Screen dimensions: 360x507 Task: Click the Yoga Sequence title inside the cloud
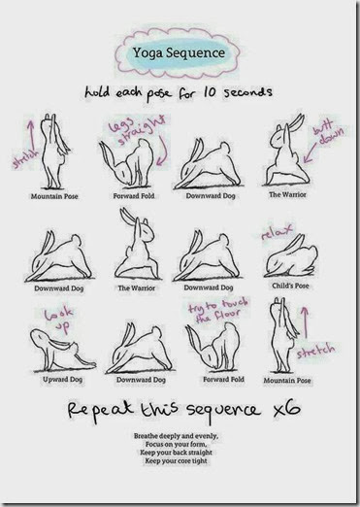click(179, 52)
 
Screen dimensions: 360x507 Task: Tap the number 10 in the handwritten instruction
click(210, 92)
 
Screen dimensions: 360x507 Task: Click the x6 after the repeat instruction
click(286, 409)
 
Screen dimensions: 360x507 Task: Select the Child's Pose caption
click(290, 286)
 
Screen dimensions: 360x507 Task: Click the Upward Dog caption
click(62, 379)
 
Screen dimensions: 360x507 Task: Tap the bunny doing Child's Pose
click(290, 257)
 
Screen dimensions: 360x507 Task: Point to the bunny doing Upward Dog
click(62, 351)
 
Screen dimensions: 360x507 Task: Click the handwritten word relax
click(278, 231)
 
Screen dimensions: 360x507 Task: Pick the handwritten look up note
click(59, 321)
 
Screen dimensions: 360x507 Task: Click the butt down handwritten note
click(328, 132)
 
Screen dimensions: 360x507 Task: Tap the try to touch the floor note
click(218, 311)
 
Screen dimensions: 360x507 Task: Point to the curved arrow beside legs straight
click(164, 152)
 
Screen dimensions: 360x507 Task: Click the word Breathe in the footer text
click(146, 436)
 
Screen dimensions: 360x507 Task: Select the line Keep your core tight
click(176, 460)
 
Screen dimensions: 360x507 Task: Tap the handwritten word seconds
click(248, 92)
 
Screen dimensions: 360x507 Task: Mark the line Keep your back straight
click(176, 453)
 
